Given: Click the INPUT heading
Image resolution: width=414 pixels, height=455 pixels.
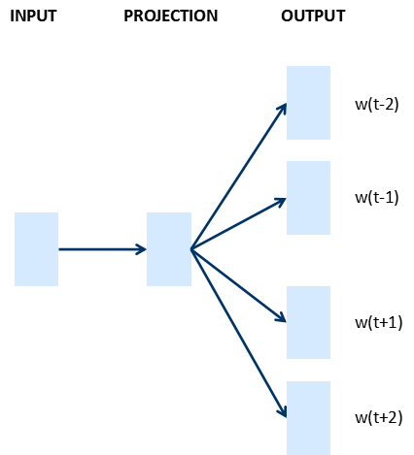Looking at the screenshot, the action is (x=33, y=16).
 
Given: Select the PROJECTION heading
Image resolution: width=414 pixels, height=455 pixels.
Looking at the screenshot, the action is (x=171, y=16).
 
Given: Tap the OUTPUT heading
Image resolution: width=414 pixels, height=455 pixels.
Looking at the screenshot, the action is (x=313, y=16).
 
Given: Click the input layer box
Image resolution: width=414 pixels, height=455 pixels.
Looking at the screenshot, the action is (x=36, y=249).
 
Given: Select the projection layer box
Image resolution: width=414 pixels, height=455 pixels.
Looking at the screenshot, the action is (x=169, y=249).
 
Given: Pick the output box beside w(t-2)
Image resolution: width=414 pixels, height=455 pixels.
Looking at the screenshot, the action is (x=308, y=103).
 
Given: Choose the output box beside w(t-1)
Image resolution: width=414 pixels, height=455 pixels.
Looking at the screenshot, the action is (x=308, y=198).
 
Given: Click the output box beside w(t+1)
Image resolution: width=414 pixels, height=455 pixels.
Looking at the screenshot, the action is (x=308, y=322).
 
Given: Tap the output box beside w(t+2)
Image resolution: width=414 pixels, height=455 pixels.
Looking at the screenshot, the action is (x=308, y=418).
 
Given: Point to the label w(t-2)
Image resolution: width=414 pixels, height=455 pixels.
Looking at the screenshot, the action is (x=377, y=104).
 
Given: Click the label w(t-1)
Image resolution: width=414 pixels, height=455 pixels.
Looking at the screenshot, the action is (x=377, y=197).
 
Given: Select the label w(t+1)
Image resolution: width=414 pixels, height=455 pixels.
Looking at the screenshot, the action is (x=379, y=322).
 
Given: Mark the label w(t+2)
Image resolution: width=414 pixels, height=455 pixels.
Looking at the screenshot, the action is (x=379, y=417).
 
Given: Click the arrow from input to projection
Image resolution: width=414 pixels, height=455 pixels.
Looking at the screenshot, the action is (x=102, y=249).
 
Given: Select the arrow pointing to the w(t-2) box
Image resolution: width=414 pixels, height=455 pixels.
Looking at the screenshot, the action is (x=239, y=177).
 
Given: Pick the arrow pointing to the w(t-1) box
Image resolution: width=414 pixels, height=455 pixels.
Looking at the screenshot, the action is (x=239, y=223).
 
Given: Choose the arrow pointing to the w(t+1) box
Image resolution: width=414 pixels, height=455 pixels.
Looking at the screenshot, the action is (x=239, y=285).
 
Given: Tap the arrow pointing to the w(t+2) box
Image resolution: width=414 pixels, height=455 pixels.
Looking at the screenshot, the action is (x=239, y=333).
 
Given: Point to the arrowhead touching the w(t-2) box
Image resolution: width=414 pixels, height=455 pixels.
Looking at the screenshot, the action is (x=283, y=109).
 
